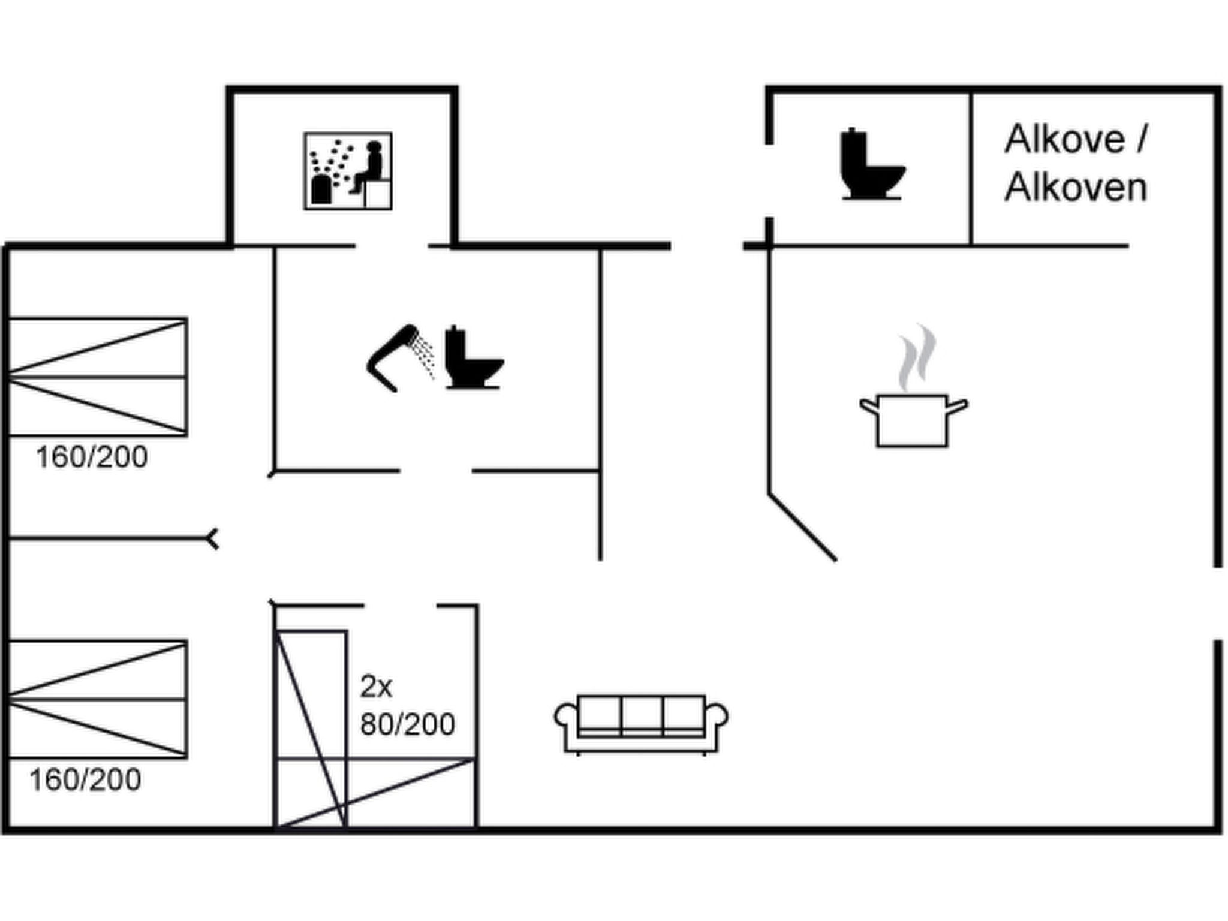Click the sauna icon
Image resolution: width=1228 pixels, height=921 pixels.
348,171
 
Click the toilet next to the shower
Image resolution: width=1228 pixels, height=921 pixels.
474,357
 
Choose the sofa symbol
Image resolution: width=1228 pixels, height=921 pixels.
641,724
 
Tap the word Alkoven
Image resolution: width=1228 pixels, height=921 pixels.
1076,187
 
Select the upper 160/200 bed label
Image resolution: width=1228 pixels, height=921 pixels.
92,458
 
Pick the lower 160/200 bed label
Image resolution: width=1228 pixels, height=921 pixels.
85,780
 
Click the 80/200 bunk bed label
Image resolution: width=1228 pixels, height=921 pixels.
408,724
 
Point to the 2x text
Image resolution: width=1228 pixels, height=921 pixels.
376,687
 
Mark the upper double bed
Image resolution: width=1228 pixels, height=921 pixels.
98,377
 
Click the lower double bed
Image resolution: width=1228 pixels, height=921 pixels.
98,699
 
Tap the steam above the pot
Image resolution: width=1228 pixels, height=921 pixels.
917,357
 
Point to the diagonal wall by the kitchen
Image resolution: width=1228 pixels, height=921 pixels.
803,528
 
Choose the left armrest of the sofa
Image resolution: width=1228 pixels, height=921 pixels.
565,716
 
